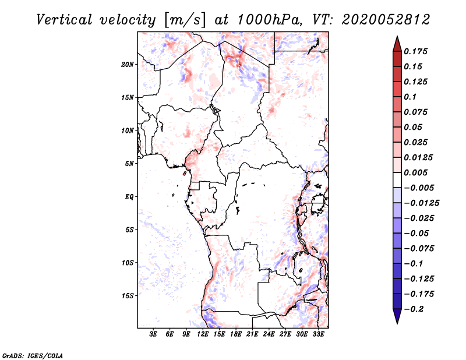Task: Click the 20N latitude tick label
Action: pos(128,64)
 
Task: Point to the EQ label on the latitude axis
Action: pos(129,197)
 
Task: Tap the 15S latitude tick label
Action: pos(128,296)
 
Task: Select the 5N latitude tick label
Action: pos(129,164)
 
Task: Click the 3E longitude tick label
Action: pos(154,334)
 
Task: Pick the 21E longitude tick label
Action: pos(252,334)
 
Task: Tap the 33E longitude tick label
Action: pos(318,334)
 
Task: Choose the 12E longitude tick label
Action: pos(203,334)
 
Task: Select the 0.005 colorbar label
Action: pos(417,173)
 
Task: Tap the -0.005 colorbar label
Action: pos(419,188)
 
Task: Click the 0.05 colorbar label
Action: pos(415,127)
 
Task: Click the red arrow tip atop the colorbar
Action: pos(397,41)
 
